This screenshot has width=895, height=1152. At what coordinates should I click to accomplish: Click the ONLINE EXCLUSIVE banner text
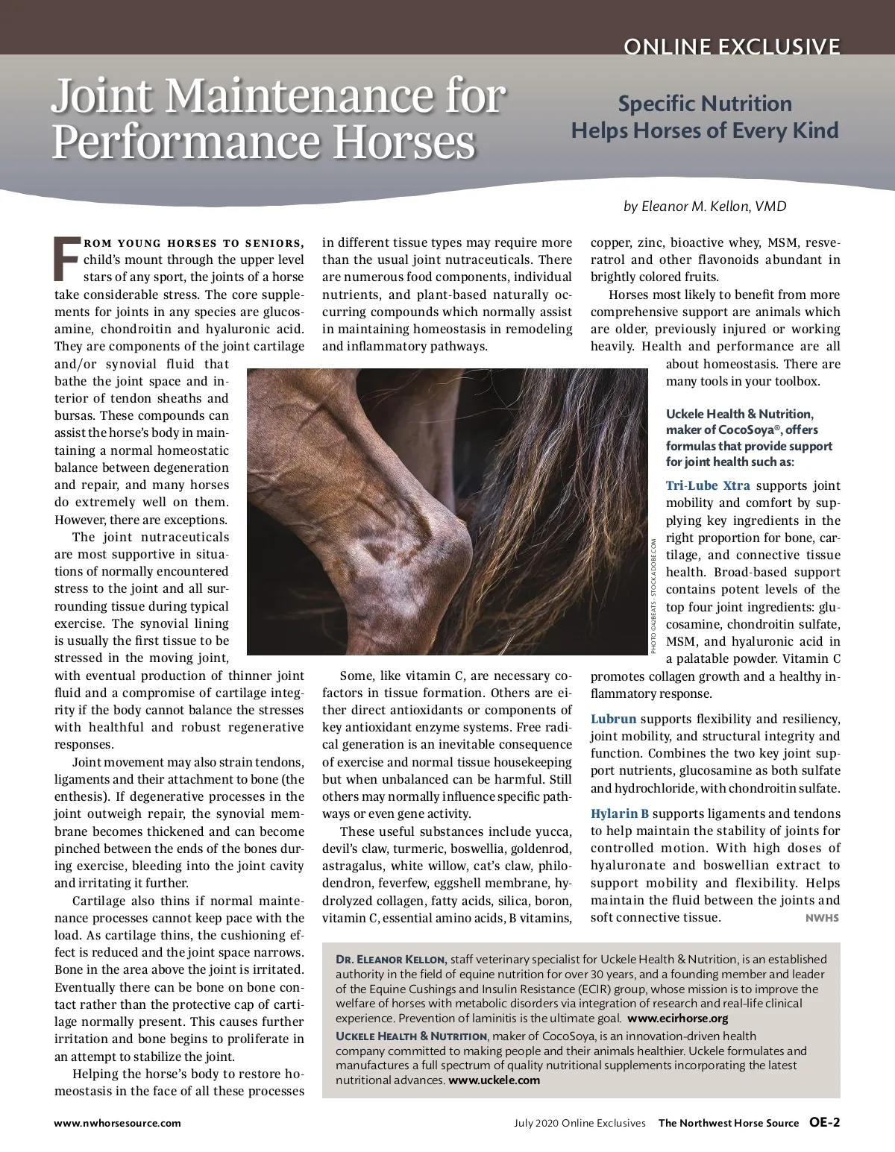point(732,47)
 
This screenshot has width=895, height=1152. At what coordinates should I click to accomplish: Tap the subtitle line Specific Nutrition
point(705,104)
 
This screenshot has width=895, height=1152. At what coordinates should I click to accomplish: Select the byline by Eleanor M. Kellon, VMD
point(705,206)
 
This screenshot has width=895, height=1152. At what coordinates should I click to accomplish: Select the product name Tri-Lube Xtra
point(708,485)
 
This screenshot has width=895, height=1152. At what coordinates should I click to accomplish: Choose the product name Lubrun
point(614,719)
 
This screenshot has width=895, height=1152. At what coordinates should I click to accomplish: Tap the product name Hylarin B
point(620,813)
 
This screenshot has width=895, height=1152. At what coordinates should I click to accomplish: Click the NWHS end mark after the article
point(822,918)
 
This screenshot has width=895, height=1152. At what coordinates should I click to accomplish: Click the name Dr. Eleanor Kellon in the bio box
point(391,960)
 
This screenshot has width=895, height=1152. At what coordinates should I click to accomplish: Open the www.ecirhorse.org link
point(677,1018)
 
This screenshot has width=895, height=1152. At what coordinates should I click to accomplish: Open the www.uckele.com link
point(494,1080)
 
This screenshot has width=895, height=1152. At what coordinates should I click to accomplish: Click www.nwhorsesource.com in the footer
point(117,1122)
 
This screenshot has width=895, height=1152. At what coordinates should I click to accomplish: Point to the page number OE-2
point(825,1122)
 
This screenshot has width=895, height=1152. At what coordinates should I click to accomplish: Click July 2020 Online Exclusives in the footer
point(580,1122)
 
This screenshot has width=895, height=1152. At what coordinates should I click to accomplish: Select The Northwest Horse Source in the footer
point(728,1122)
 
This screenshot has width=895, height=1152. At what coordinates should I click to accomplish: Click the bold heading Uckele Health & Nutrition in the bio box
point(412,1036)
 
